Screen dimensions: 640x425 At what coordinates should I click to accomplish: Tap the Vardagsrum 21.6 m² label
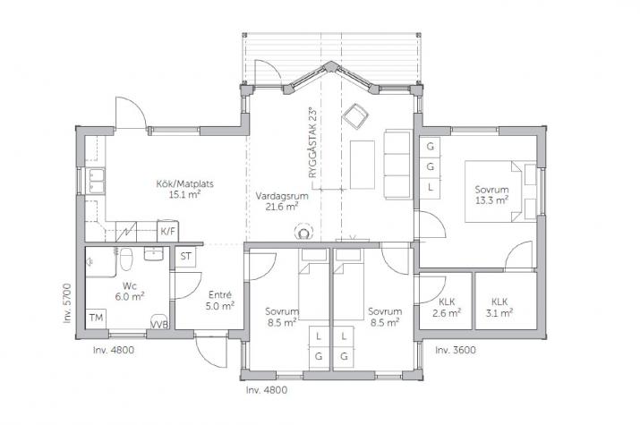pos(282,201)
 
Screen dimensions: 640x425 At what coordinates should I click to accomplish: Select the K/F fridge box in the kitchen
pos(167,231)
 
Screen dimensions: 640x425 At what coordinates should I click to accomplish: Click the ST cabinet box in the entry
pos(185,257)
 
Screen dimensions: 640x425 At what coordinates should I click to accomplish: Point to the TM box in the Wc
pos(96,318)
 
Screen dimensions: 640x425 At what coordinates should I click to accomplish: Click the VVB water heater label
pos(159,325)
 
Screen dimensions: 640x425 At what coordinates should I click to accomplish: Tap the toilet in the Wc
pos(126,259)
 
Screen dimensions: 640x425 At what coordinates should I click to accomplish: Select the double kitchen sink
pos(98,181)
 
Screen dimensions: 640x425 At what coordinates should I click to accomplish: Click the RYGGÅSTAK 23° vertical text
pos(312,142)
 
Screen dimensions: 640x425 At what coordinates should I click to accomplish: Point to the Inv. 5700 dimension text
pos(67,303)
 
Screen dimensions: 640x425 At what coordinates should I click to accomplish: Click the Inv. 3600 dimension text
pos(456,350)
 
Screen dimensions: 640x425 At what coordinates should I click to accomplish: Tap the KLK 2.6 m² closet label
pos(447,308)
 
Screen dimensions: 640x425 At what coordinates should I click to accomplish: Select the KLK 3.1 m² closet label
pos(499,307)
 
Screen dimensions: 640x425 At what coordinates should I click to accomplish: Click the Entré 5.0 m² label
pos(220,301)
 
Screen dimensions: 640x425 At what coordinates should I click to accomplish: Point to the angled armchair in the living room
pos(355,116)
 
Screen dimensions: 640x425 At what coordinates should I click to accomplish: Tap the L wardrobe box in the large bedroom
pos(431,188)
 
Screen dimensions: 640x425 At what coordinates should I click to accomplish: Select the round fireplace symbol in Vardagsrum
pos(303,232)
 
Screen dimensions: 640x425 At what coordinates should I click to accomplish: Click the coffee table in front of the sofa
pos(362,165)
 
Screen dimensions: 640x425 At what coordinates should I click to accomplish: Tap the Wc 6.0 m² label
pos(130,291)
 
